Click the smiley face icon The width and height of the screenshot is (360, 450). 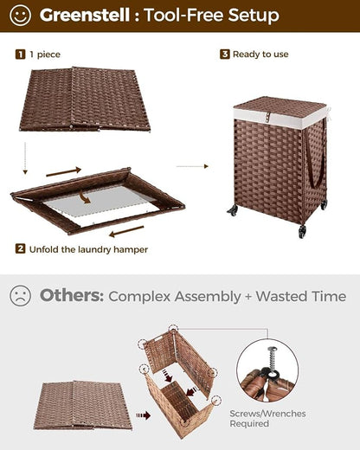click(20, 16)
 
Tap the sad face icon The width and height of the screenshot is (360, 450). click(20, 296)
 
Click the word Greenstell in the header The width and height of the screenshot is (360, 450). click(85, 15)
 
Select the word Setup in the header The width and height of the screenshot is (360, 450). click(254, 16)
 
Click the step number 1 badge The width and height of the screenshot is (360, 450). click(20, 55)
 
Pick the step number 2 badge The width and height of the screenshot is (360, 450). click(20, 248)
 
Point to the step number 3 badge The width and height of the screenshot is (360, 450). click(225, 54)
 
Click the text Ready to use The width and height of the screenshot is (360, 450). click(260, 55)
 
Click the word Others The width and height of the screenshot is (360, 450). click(72, 295)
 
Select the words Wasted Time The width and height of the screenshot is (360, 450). click(301, 296)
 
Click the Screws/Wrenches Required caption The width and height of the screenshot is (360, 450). click(267, 419)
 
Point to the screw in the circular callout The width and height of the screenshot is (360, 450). click(272, 360)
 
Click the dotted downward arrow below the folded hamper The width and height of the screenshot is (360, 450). click(25, 158)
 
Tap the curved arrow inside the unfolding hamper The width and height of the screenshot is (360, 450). click(85, 198)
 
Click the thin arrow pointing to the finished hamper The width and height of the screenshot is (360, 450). click(192, 166)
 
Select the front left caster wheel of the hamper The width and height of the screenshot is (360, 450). click(233, 210)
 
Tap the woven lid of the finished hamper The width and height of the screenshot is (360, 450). click(280, 106)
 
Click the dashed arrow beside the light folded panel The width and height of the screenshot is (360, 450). click(144, 415)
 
